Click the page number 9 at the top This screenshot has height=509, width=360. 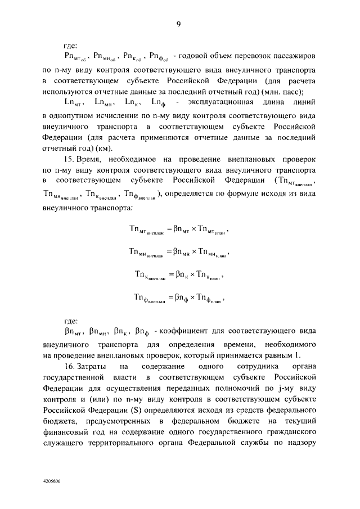click(178, 24)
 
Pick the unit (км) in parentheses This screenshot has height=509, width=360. click(106, 148)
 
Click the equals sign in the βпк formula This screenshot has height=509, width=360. click(171, 275)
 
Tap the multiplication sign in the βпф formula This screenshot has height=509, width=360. click(191, 298)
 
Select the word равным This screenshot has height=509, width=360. click(267, 355)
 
